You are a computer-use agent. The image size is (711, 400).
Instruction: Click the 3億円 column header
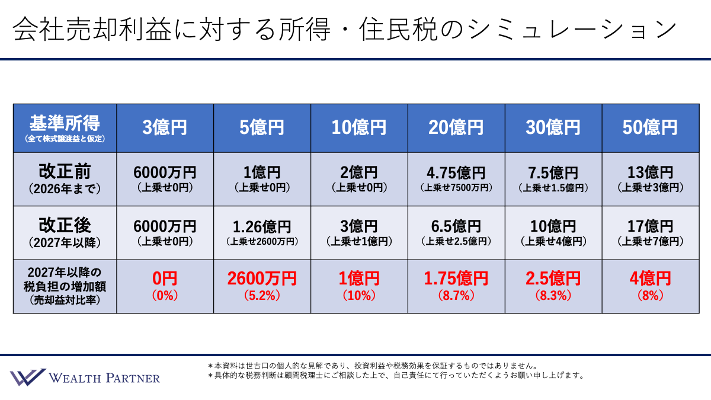(x=165, y=127)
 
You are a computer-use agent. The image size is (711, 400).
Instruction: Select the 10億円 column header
(x=359, y=127)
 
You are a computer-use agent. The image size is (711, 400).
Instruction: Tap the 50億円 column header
(x=650, y=127)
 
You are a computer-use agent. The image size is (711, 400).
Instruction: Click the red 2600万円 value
(x=262, y=278)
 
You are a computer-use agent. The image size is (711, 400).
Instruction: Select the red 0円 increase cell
(x=165, y=278)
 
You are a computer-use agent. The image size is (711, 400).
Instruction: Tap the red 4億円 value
(x=650, y=278)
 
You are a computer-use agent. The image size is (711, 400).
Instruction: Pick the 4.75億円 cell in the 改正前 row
(x=456, y=173)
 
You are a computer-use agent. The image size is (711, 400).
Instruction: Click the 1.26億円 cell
(x=262, y=226)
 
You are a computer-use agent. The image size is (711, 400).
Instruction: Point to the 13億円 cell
(x=650, y=173)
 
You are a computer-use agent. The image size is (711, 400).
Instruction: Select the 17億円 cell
(x=650, y=226)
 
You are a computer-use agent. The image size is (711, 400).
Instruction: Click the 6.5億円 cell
(x=456, y=226)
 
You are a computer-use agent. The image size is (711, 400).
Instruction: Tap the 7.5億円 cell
(x=553, y=173)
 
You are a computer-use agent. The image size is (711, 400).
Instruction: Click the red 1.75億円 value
(x=456, y=278)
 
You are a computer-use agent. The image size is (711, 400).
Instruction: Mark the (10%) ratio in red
(x=359, y=295)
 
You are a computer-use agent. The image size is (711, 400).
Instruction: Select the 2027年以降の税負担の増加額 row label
(x=65, y=286)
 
